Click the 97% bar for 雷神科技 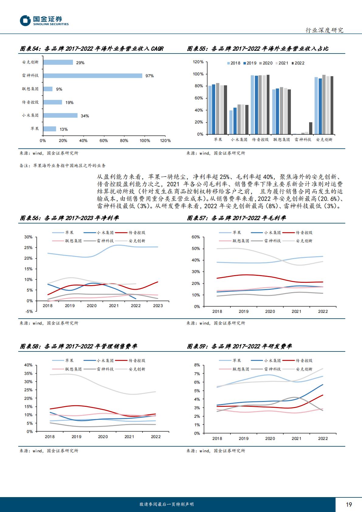click(x=92, y=76)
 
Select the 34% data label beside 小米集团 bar click(x=85, y=116)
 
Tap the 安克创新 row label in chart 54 click(x=30, y=62)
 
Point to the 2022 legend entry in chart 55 click(x=298, y=63)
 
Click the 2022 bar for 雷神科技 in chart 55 click(x=310, y=128)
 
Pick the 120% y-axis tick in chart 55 click(x=198, y=62)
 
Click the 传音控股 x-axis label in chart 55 click(x=260, y=140)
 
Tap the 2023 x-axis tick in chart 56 click(x=158, y=306)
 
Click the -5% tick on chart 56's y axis click(x=29, y=311)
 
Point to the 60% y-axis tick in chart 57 click(x=196, y=237)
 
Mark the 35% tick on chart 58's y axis click(x=28, y=373)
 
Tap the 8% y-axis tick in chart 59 click(x=197, y=365)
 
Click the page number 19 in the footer click(x=349, y=504)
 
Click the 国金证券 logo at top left click(x=44, y=21)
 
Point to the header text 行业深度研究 click(x=324, y=30)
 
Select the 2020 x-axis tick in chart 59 click(x=270, y=438)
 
